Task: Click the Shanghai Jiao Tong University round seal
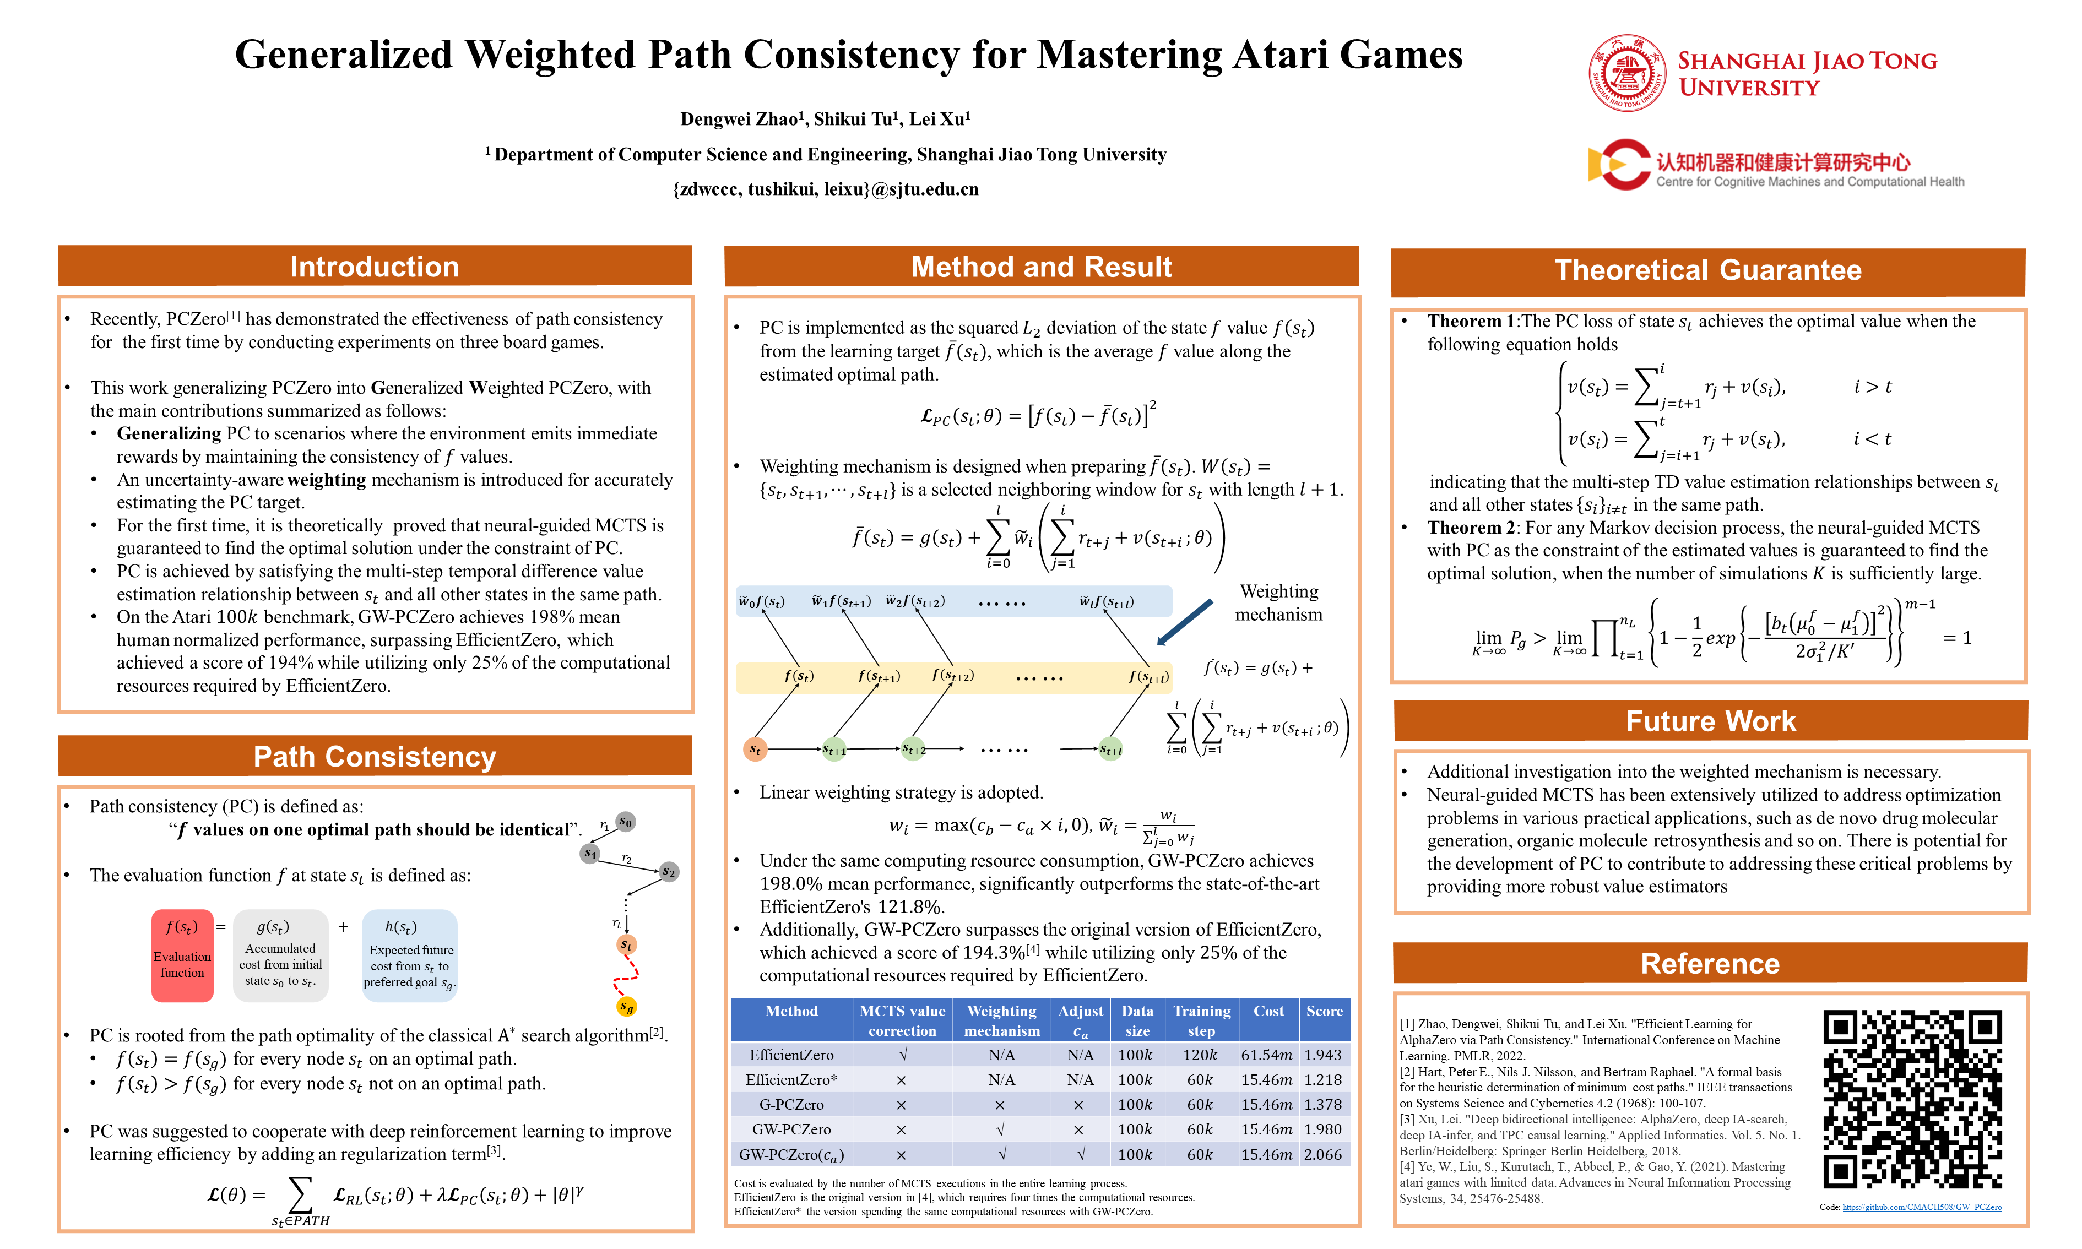coord(1626,73)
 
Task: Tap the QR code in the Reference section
coord(1912,1099)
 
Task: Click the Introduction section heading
coord(375,267)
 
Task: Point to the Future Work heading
coord(1710,721)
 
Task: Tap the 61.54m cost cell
coord(1266,1055)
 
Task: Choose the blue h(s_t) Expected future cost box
coord(410,955)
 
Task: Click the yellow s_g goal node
coord(626,1007)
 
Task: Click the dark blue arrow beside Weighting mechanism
coord(1185,622)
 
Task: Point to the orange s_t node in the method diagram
coord(755,749)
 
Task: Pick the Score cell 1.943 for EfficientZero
coord(1323,1055)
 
